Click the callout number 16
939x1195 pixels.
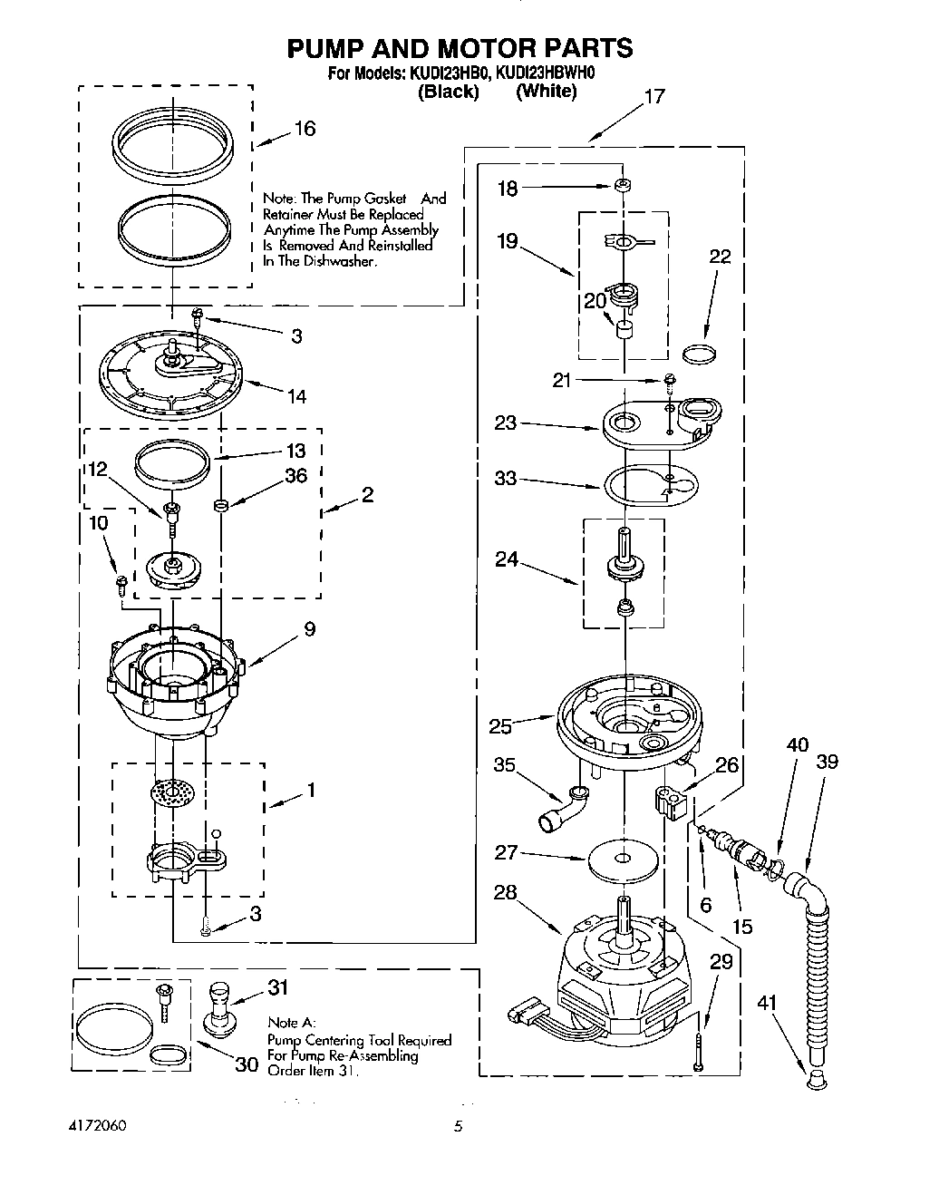click(x=305, y=129)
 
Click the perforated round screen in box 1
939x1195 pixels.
click(x=175, y=792)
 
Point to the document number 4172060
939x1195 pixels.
click(x=97, y=1126)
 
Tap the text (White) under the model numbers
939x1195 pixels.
click(x=546, y=92)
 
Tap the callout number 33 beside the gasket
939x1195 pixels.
click(x=506, y=478)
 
